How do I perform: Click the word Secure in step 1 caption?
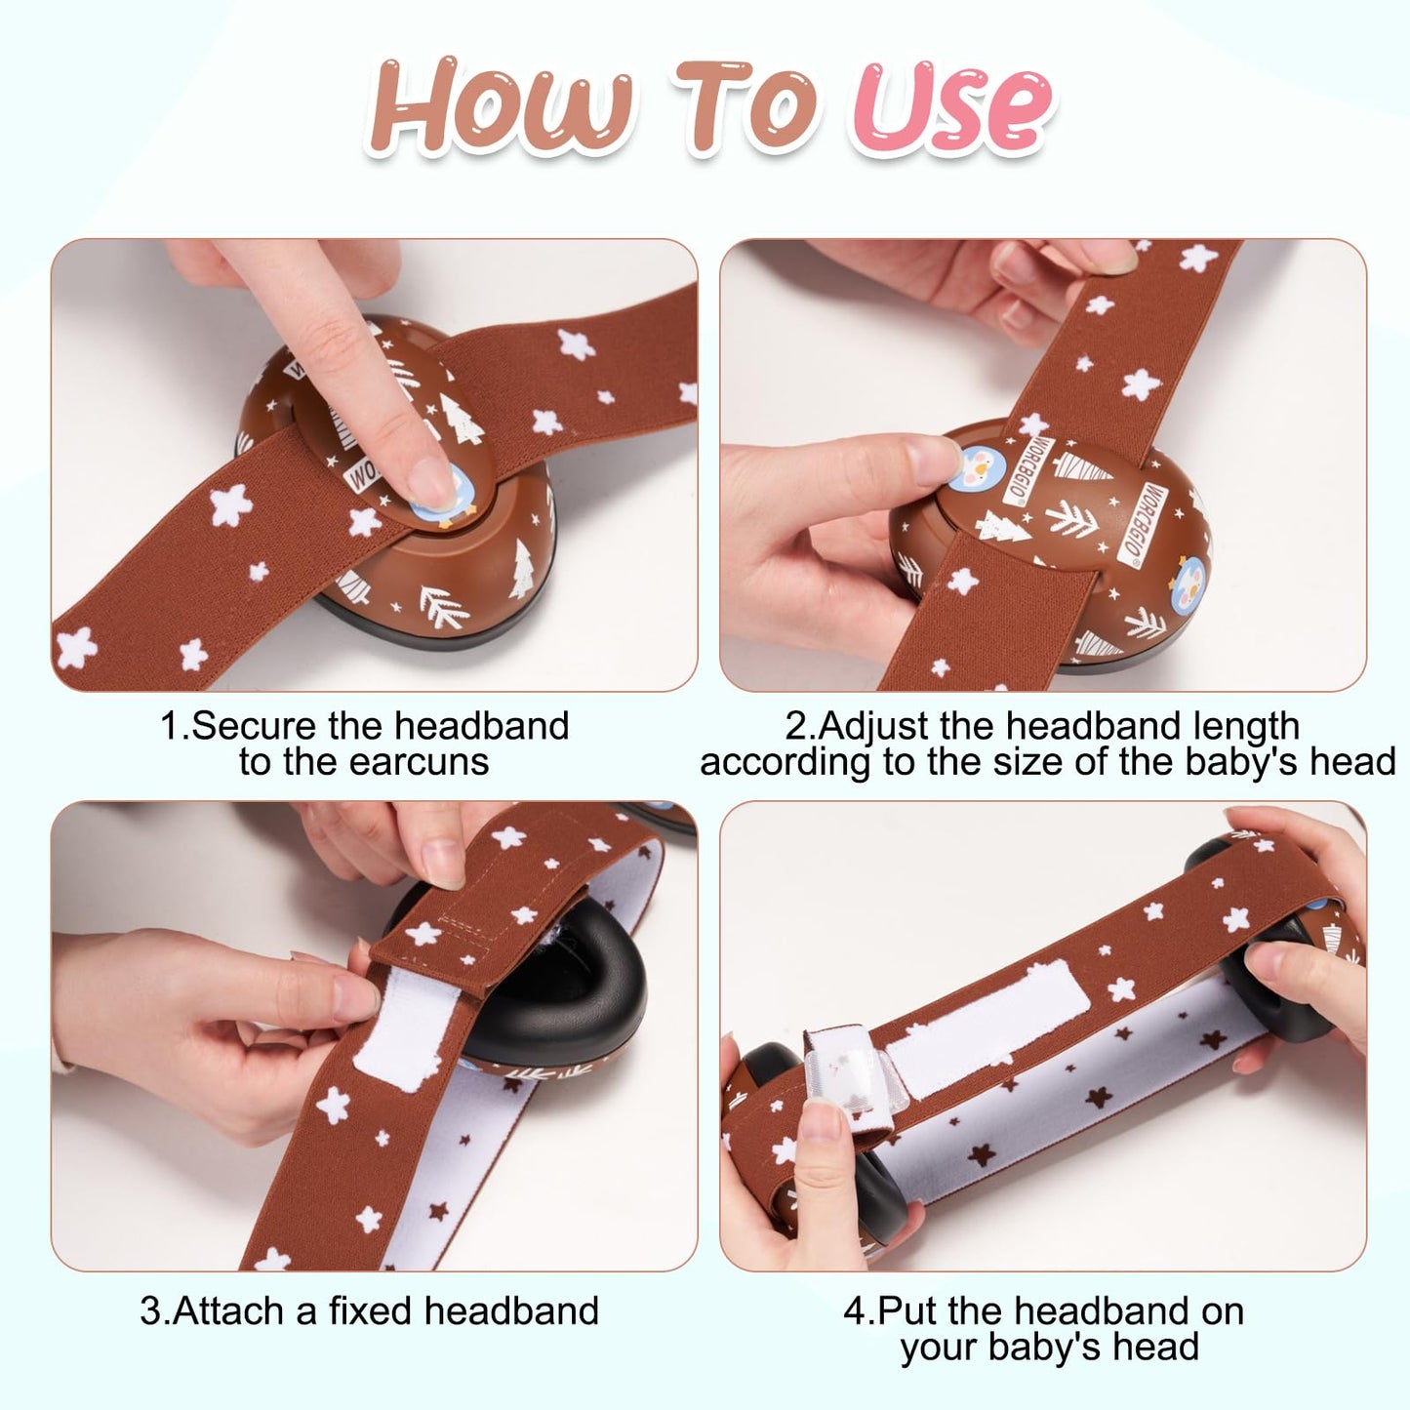[254, 726]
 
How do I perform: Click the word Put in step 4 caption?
[907, 1310]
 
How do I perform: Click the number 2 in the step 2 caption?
[794, 727]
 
